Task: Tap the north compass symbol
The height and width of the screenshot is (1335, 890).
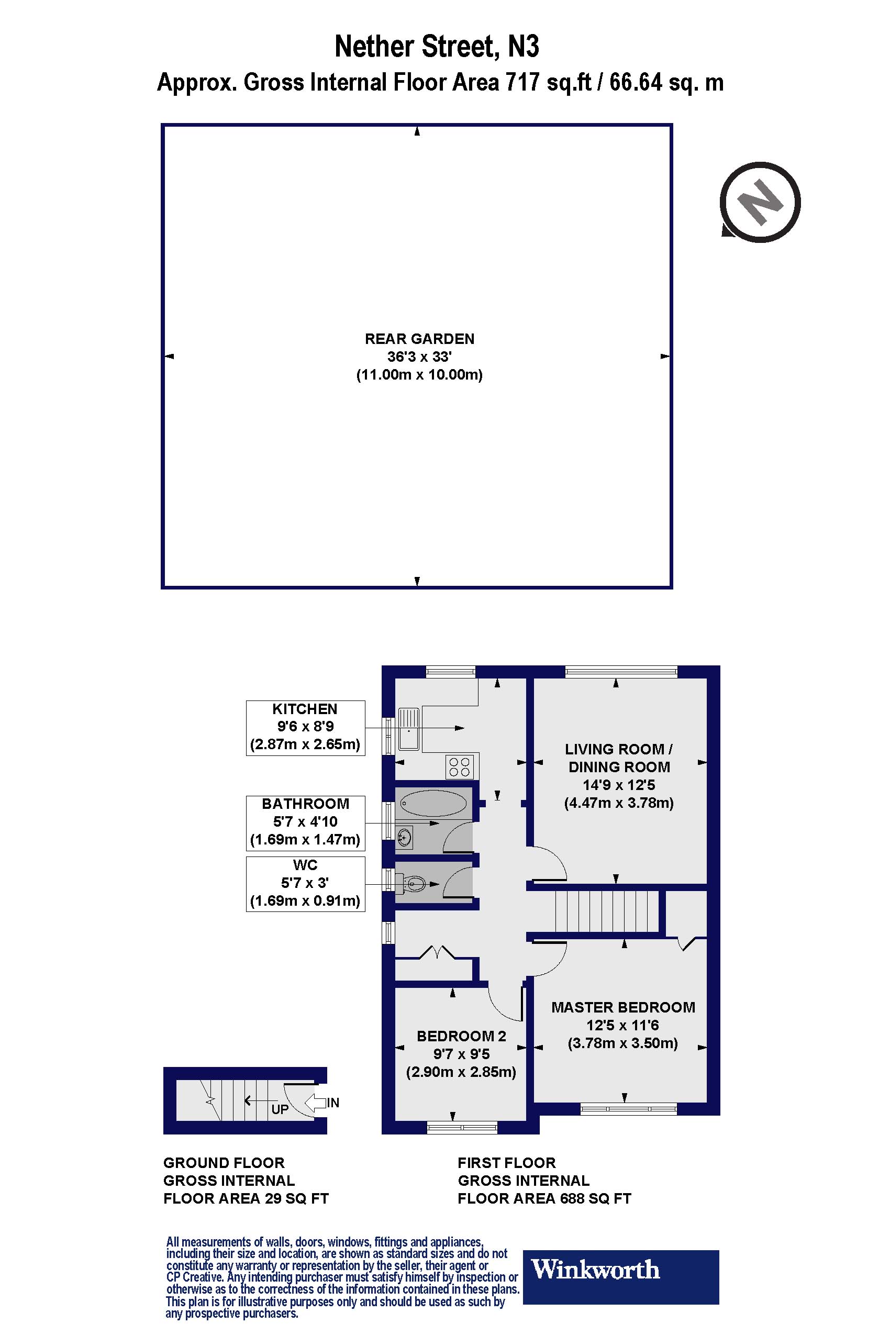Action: [x=760, y=202]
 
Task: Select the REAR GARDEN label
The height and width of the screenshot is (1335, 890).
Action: [x=419, y=339]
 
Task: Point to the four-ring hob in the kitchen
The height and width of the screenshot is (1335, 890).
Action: [x=460, y=766]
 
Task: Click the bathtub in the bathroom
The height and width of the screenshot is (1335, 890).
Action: [x=433, y=803]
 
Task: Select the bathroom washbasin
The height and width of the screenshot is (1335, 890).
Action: [x=405, y=837]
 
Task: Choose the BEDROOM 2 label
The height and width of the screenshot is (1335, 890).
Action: [x=461, y=1036]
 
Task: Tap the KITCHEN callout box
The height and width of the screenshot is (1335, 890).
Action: [x=305, y=728]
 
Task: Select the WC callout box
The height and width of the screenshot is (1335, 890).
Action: [x=305, y=884]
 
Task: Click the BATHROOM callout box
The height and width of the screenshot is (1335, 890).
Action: [x=305, y=822]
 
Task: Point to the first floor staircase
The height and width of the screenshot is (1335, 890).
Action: [x=607, y=911]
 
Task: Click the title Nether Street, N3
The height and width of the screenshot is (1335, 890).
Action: [x=437, y=47]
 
